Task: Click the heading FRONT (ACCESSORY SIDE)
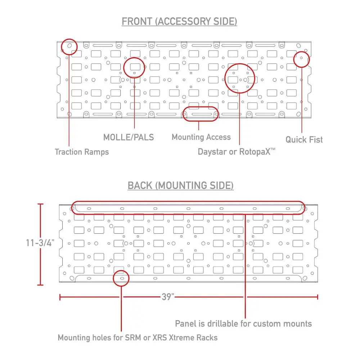[179, 22]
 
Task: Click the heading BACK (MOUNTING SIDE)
[180, 185]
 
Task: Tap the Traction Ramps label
[82, 152]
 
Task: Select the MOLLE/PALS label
[129, 137]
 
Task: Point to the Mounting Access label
[201, 137]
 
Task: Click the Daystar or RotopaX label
[237, 152]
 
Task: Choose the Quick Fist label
[304, 140]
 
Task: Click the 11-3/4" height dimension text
[40, 243]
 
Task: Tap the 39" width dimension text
[168, 297]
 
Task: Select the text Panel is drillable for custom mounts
[243, 324]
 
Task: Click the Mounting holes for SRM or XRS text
[138, 338]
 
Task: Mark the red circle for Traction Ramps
[69, 39]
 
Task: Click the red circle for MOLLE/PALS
[134, 58]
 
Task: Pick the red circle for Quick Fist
[301, 51]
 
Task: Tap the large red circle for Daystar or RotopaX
[240, 64]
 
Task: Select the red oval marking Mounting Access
[200, 107]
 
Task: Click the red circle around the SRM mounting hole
[121, 270]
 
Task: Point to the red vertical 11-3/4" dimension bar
[40, 244]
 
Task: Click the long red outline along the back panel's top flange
[188, 201]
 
